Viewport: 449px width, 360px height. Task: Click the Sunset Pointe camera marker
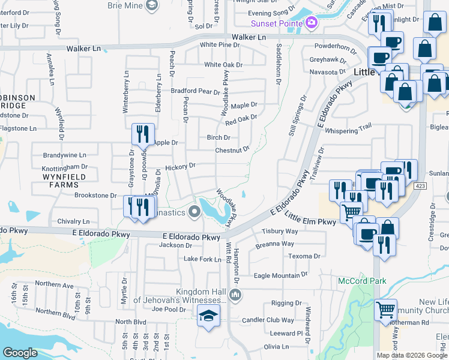click(311, 23)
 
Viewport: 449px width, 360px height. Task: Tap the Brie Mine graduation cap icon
click(152, 5)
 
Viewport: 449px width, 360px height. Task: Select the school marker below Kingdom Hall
click(208, 316)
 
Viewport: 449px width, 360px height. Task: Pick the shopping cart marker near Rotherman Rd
click(385, 310)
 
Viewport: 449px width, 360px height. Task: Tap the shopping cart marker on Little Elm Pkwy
click(351, 211)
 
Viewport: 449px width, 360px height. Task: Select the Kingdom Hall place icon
click(236, 295)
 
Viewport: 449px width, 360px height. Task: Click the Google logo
click(20, 352)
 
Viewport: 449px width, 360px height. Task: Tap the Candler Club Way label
click(268, 320)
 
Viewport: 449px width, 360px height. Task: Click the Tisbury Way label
click(280, 231)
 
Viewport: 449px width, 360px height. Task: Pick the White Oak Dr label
click(223, 65)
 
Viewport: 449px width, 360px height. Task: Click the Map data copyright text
click(411, 355)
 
